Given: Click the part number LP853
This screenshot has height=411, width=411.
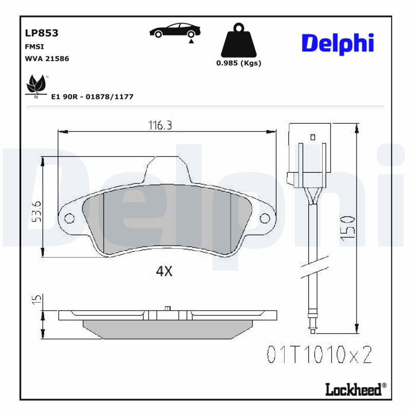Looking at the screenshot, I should tap(42, 33).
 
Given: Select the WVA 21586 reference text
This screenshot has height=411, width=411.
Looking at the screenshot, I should tap(47, 59).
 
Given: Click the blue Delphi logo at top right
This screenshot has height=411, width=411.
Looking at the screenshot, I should tap(338, 44).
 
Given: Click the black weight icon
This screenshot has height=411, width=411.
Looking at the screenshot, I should tap(238, 41).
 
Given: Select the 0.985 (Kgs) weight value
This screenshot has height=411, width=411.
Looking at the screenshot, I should tap(238, 63).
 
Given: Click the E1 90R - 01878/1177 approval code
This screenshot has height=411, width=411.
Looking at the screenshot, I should tap(92, 97).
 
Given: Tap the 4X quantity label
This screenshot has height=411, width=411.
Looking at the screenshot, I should tap(164, 272).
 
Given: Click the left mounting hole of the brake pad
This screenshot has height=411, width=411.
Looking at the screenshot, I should tap(69, 219).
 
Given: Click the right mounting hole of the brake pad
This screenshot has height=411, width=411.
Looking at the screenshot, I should tap(265, 219).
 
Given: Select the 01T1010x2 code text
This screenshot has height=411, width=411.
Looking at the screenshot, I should tap(319, 354).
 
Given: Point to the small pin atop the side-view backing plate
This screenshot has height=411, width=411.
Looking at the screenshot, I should tap(167, 308).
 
